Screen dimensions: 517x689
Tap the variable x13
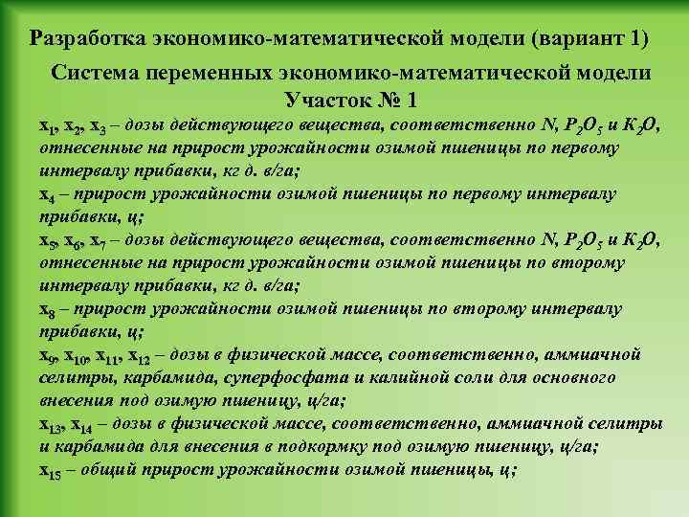click(51, 425)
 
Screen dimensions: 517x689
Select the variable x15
click(51, 470)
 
